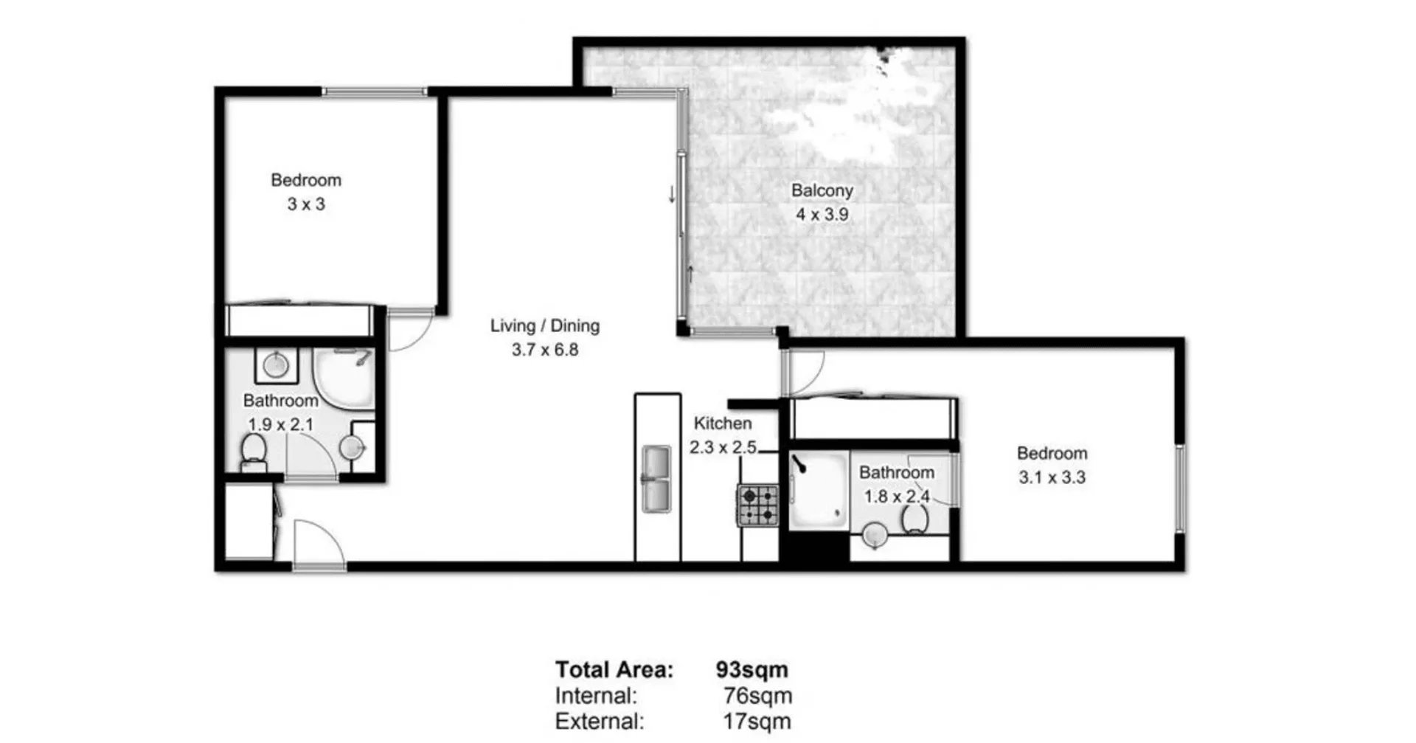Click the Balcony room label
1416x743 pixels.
click(822, 190)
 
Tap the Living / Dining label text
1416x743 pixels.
click(544, 325)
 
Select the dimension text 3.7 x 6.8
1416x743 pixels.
click(544, 350)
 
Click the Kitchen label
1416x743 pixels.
click(723, 424)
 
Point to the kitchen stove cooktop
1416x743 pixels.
click(758, 505)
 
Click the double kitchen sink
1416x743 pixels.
click(656, 480)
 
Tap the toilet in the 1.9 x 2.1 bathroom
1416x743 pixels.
click(254, 450)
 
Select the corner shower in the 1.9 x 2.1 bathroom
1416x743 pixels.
click(345, 376)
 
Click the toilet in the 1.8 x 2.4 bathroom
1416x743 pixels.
click(914, 519)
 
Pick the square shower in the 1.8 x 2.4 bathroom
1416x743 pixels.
click(818, 490)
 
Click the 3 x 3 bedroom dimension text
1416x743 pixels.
click(306, 204)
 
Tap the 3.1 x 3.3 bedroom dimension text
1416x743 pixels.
click(1052, 477)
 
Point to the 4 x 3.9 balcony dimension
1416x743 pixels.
click(822, 215)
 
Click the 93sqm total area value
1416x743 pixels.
click(752, 669)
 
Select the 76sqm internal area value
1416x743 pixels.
click(757, 696)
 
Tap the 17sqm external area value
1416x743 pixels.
click(757, 721)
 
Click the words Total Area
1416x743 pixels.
click(614, 669)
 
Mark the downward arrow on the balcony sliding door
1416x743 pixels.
click(672, 194)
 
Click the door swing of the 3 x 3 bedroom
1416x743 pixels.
click(410, 331)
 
